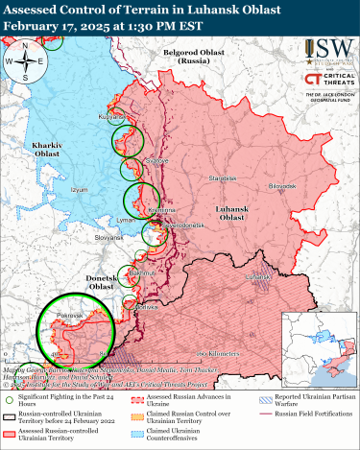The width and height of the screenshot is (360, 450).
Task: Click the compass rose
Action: point(27,64)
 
